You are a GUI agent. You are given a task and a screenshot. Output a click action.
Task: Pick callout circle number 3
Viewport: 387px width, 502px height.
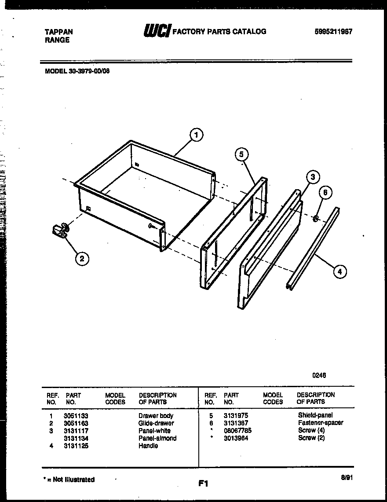click(312, 177)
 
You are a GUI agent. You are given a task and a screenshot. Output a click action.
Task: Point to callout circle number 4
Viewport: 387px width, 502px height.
click(340, 271)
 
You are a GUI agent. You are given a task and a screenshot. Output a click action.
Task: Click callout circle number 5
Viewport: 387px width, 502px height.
click(241, 154)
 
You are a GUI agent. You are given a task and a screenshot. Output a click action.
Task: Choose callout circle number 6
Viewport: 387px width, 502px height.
click(325, 192)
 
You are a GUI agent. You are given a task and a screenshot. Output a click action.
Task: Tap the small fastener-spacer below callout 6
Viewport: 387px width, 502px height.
click(316, 218)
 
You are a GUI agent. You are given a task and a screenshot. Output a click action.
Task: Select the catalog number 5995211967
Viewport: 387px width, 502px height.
click(333, 32)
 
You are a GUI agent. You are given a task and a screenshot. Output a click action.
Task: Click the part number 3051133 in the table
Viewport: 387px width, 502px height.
click(76, 416)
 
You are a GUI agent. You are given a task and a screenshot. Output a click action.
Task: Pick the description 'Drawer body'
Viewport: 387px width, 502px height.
click(156, 416)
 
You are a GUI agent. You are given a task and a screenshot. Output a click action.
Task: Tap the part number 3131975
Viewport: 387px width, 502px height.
click(236, 415)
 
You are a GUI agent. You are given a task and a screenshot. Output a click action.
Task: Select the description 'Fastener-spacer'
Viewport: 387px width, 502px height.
click(320, 423)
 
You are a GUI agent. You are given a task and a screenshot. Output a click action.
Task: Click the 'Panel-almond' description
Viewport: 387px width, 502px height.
click(157, 438)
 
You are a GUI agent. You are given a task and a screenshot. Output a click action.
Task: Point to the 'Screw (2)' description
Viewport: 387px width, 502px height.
click(311, 438)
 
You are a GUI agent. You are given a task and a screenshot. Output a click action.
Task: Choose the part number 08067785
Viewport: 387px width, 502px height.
click(237, 430)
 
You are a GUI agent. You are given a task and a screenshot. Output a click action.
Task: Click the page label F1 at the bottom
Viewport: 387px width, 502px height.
click(203, 484)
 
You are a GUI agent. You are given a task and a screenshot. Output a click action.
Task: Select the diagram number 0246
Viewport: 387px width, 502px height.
click(319, 375)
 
